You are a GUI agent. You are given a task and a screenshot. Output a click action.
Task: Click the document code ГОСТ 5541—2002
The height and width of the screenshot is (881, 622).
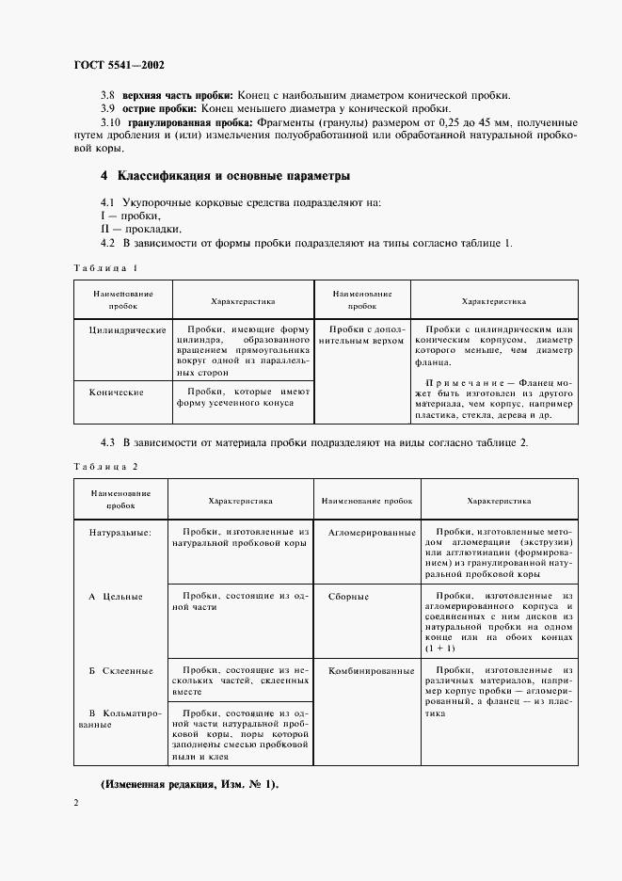tap(119, 67)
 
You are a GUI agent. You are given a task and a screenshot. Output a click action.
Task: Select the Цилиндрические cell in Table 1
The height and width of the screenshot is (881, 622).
tap(127, 330)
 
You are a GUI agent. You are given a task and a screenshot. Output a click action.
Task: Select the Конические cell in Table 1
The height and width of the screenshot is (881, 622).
tap(115, 390)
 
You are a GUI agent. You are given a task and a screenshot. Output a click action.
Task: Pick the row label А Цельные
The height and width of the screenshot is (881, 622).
tap(115, 597)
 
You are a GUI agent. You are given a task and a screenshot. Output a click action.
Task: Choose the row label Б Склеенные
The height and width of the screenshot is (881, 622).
tap(120, 671)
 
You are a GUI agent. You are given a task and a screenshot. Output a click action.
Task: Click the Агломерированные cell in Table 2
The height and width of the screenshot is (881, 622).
tap(371, 533)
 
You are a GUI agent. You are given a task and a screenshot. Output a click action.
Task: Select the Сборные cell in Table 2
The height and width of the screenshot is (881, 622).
tap(348, 597)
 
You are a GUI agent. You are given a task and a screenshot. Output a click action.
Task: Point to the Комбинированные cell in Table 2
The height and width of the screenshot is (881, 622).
tap(371, 671)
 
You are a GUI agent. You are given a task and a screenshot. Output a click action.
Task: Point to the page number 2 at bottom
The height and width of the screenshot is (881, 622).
tap(76, 803)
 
